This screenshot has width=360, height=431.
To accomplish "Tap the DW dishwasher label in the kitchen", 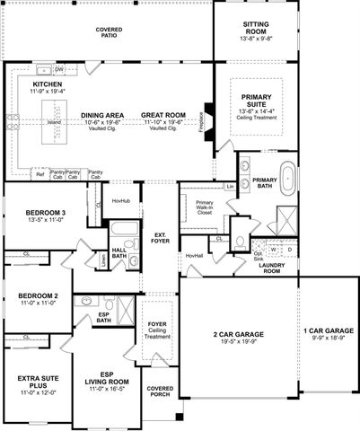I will point(58,69).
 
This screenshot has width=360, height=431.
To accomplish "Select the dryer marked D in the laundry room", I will point(289,251).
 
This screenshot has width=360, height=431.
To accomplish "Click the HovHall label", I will point(194,256).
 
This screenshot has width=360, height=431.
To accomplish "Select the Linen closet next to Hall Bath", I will point(104,259).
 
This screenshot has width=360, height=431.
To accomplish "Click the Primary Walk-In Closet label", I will point(204,208).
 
